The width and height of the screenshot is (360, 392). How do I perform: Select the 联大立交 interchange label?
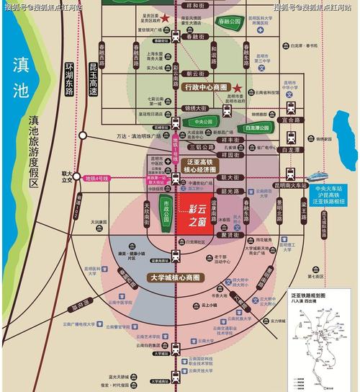pos(68,177)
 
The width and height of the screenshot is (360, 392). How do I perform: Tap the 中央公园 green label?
pos(204,122)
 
